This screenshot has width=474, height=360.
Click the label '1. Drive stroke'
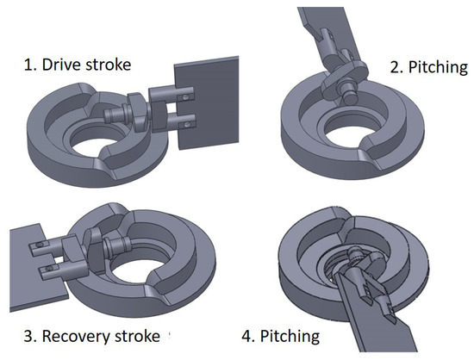coord(78,65)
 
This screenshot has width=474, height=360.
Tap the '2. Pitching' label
coord(428,67)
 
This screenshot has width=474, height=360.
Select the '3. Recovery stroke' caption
coord(91,336)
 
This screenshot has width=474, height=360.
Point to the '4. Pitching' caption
coord(281,336)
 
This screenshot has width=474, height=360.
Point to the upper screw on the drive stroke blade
coord(185,96)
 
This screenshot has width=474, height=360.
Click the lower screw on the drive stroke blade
coord(187,124)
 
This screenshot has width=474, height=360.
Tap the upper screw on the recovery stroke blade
coord(39,245)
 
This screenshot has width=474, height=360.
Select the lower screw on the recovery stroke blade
coord(48,268)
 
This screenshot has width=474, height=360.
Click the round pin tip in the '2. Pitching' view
coord(351,98)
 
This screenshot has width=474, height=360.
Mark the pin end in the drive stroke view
coord(108,115)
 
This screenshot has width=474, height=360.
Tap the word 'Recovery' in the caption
coord(72,336)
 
